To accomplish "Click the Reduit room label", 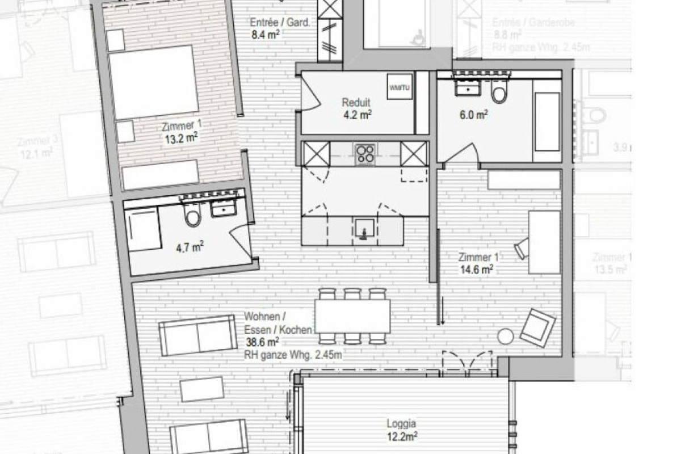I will coord(356,103).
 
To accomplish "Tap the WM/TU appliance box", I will coord(400,87).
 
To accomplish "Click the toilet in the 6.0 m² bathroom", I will coord(499,94).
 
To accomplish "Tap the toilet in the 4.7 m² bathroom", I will coord(193,215).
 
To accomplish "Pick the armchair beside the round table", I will coord(537,327).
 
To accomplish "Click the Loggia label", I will coord(402,423).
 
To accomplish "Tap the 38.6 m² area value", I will coord(262,342).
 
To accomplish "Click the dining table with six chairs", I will coord(352,316).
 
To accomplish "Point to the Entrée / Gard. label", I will coord(280,23).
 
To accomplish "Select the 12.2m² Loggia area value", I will coord(402,436).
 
